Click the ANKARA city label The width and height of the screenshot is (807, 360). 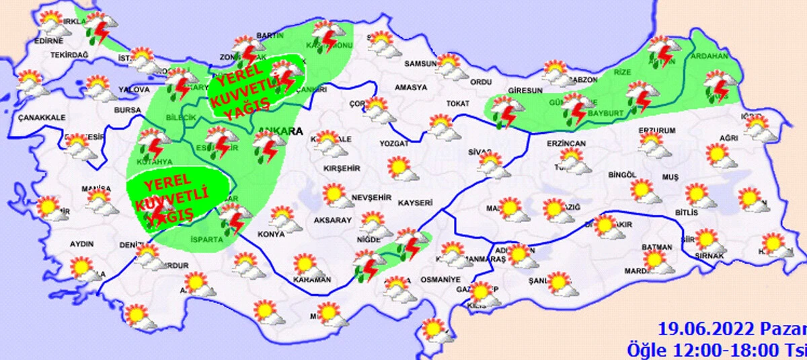[278, 131]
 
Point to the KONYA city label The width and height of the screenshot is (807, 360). [272, 235]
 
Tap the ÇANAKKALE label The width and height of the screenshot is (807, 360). [42, 117]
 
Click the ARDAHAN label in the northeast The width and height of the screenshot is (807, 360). [709, 56]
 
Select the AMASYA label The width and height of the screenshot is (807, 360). [411, 87]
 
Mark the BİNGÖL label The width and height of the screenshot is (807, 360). [621, 175]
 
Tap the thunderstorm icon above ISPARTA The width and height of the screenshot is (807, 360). [233, 218]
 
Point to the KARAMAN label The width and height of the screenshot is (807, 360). [313, 279]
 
